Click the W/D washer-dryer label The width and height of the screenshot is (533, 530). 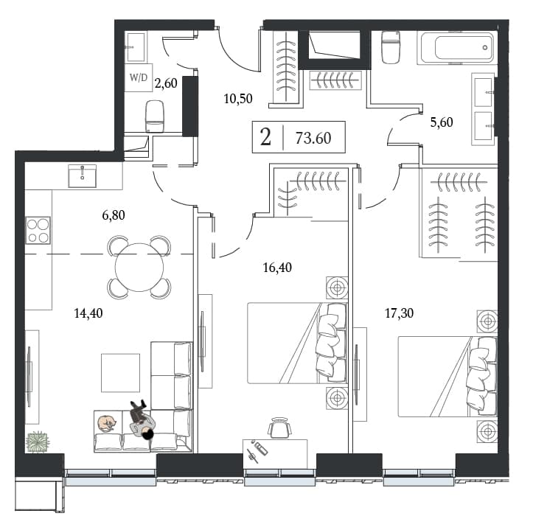click(139, 77)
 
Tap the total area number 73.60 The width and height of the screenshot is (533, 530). click(313, 138)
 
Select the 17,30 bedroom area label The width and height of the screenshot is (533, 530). click(399, 313)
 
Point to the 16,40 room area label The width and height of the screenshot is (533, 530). click(277, 268)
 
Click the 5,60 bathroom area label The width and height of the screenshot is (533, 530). click(442, 122)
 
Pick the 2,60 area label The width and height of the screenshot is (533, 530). click(166, 83)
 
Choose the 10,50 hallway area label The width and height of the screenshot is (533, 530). click(238, 99)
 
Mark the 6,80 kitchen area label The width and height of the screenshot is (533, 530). click(114, 215)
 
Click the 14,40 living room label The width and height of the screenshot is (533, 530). click(88, 313)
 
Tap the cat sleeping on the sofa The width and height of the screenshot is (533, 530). click(107, 424)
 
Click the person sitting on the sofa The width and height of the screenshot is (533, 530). click(142, 420)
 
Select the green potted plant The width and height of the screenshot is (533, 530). click(38, 442)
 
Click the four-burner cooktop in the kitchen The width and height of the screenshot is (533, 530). click(38, 230)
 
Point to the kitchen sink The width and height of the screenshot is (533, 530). click(82, 176)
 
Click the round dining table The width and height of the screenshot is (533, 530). click(139, 267)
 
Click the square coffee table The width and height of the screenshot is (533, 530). click(120, 372)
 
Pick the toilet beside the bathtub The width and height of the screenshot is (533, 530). click(391, 47)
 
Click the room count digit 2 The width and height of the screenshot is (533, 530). click(265, 137)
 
